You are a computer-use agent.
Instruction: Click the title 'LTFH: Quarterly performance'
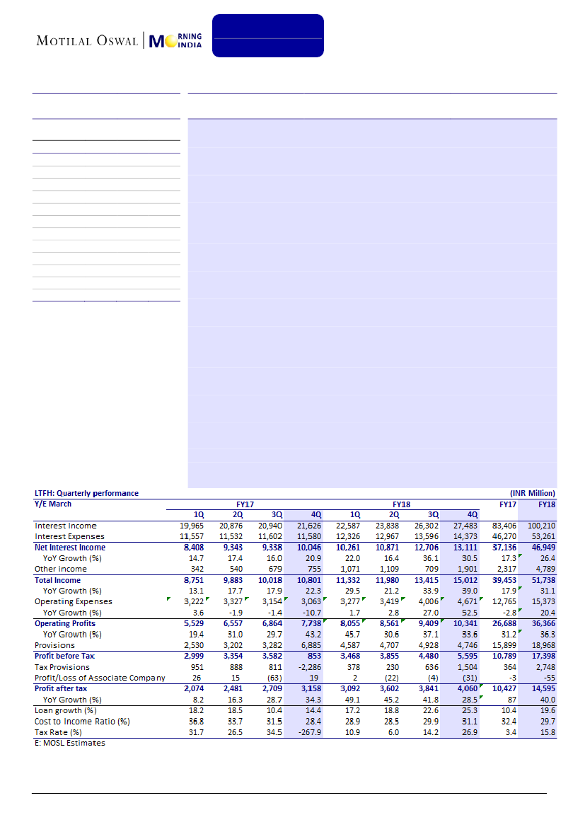click(x=87, y=493)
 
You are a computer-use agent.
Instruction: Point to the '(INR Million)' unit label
click(x=533, y=493)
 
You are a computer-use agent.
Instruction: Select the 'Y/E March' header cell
click(x=53, y=504)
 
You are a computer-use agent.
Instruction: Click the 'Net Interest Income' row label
click(x=70, y=547)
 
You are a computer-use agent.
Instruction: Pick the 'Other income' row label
click(x=61, y=569)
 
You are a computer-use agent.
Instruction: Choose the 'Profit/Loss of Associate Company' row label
click(x=100, y=678)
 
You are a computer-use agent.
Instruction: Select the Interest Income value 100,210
click(x=540, y=526)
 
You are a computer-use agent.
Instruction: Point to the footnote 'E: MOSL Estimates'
click(x=70, y=743)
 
